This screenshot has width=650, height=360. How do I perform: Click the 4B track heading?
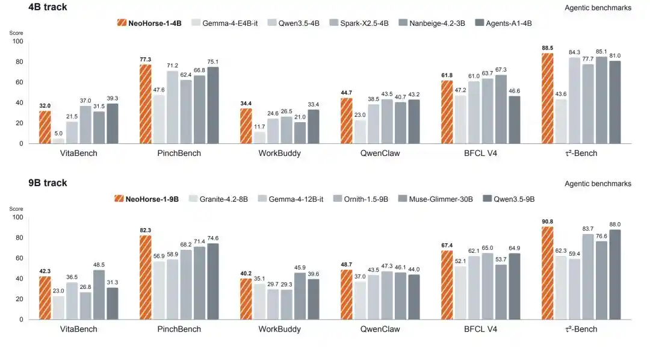point(48,7)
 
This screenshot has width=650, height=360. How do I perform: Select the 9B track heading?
point(48,183)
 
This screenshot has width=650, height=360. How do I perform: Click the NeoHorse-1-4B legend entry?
point(149,23)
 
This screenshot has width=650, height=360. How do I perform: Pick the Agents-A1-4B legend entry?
point(503,23)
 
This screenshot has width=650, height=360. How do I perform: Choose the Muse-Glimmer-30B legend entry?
point(435,199)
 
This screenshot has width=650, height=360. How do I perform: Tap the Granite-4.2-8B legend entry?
point(218,199)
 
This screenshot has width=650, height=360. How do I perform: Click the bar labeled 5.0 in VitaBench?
point(58,141)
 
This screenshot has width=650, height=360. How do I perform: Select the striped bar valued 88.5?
point(547,98)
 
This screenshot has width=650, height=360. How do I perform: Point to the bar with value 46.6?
point(515,120)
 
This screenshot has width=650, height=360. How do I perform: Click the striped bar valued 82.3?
point(146,278)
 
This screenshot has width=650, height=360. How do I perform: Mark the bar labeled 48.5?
point(99,295)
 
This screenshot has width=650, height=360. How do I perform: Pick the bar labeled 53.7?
point(501,292)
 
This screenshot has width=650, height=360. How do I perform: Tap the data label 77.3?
point(146,60)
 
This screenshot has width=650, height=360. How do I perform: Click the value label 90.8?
point(547,222)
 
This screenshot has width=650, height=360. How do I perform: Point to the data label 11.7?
point(259,126)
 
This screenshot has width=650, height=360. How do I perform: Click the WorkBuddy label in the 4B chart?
point(279,153)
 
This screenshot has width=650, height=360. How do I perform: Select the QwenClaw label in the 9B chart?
point(380,329)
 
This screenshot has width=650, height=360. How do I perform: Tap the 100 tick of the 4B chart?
point(18,41)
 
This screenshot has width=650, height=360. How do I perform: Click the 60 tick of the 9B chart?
point(19,258)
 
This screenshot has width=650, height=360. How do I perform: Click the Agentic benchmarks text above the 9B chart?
point(598,184)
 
